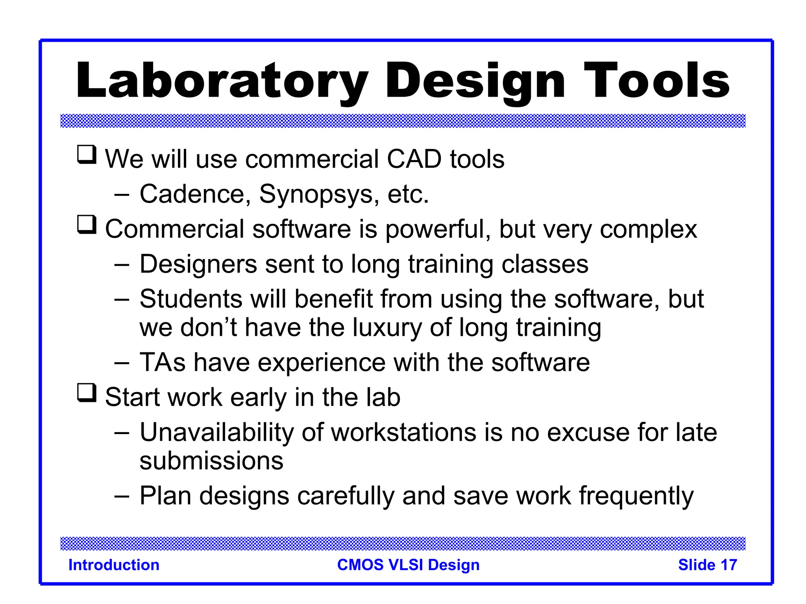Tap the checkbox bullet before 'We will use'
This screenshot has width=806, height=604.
[87, 155]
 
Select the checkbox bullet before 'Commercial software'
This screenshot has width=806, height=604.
[87, 225]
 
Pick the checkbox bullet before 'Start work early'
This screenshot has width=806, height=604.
[87, 393]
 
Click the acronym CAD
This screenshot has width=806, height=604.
[414, 159]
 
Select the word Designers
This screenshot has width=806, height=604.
[198, 265]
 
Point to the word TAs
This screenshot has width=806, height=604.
[163, 362]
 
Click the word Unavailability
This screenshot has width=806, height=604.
[216, 433]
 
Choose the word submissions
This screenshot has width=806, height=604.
[211, 461]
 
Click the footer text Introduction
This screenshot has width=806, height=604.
[114, 565]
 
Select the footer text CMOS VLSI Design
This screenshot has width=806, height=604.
[408, 565]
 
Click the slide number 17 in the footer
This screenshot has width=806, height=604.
[728, 565]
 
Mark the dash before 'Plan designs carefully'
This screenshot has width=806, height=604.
[122, 496]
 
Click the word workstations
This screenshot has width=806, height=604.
[404, 433]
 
